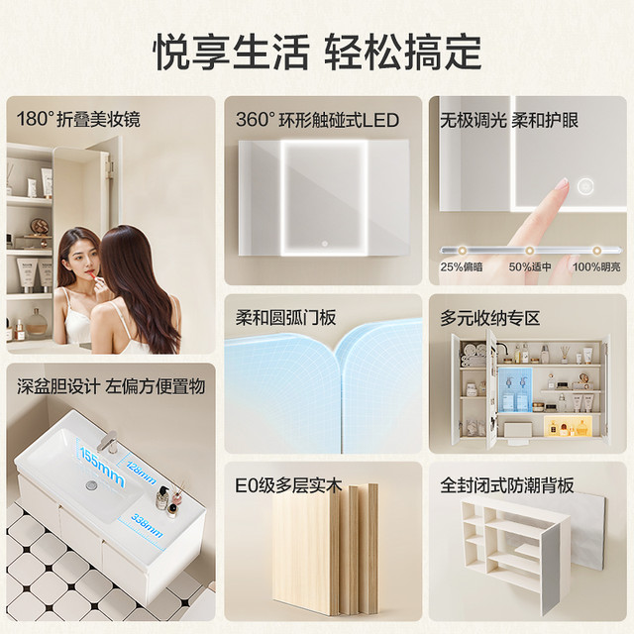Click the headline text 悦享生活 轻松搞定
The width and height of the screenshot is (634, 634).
317,53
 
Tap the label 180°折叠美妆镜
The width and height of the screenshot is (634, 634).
78,119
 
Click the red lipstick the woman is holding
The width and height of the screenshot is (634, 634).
92,276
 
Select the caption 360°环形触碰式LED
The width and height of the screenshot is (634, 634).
317,120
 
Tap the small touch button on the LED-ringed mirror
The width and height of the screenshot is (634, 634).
324,244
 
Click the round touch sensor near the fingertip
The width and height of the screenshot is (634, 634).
585,186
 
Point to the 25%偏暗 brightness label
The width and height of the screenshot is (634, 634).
462,266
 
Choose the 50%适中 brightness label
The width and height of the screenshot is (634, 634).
530,266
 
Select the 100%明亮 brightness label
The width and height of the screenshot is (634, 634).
596,266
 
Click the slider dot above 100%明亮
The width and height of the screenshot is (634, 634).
596,251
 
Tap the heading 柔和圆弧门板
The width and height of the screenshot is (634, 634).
286,318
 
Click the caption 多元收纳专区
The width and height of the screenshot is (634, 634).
490,318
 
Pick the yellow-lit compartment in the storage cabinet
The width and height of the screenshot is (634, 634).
568,426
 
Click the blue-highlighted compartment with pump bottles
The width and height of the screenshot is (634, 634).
515,389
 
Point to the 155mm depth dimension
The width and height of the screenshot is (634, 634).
102,466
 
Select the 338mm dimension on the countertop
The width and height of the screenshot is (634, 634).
147,526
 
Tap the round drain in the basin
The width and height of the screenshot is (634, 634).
92,484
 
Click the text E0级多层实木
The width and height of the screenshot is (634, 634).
288,485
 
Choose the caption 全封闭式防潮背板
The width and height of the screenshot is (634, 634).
507,485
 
